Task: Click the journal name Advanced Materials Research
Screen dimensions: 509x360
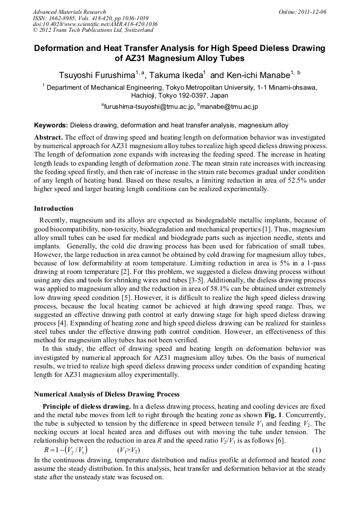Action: point(69,12)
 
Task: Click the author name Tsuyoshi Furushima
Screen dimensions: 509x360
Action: point(96,74)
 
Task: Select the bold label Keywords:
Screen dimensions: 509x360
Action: point(51,126)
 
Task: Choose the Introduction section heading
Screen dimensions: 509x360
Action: point(54,209)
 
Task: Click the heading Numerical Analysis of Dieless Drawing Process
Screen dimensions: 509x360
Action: point(107,394)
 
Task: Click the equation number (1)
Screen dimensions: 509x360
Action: point(317,450)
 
